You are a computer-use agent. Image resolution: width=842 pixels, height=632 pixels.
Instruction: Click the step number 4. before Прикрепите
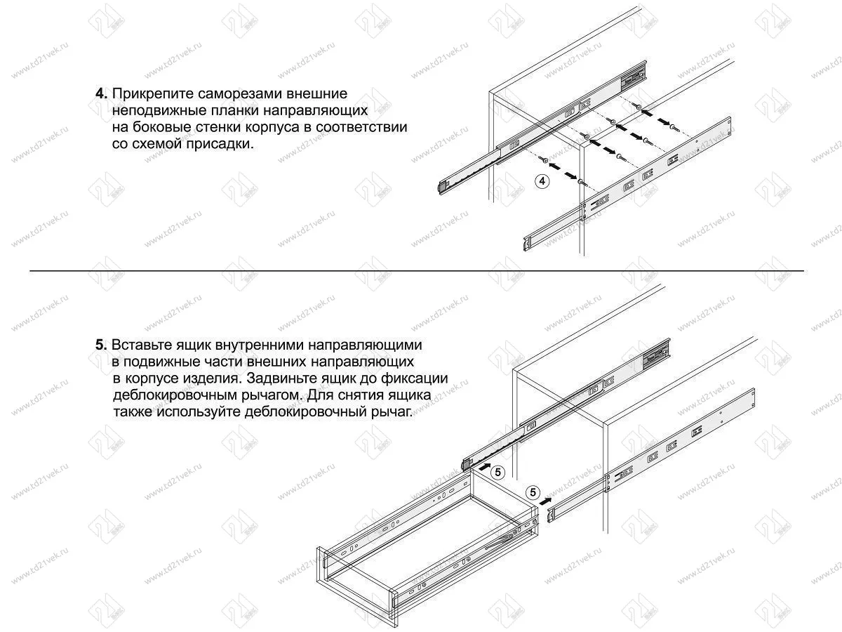pyautogui.click(x=101, y=93)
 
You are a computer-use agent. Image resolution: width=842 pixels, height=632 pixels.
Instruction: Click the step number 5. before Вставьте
pyautogui.click(x=101, y=345)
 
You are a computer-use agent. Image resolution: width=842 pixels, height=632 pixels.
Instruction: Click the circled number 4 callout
pyautogui.click(x=542, y=180)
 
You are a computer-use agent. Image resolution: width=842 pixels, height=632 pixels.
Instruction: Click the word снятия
pyautogui.click(x=359, y=395)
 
